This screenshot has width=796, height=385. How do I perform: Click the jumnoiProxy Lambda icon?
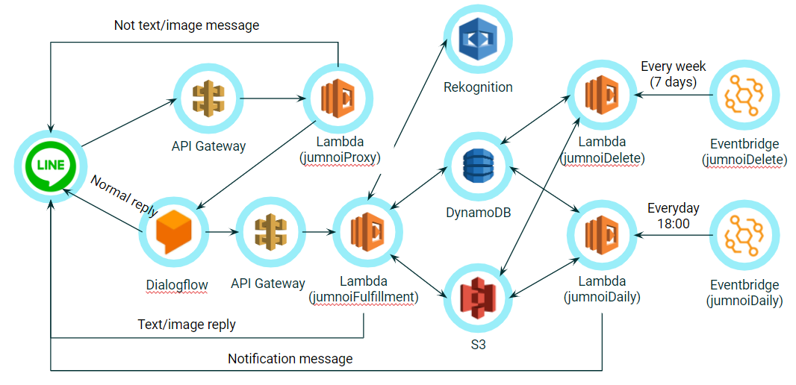[x=338, y=98]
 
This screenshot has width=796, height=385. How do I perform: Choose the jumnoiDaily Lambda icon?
[x=601, y=234]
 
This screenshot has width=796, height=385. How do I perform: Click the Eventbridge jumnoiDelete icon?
[x=744, y=96]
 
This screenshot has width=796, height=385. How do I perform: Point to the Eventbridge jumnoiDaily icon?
[x=744, y=237]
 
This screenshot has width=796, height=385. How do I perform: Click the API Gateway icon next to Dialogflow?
[x=268, y=232]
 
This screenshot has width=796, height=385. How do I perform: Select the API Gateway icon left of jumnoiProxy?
[x=208, y=98]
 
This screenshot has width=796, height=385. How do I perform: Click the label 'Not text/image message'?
[x=187, y=25]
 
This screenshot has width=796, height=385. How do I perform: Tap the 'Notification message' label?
[x=290, y=359]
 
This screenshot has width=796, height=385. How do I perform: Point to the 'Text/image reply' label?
[x=187, y=325]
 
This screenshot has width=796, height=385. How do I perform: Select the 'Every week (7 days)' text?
[x=673, y=73]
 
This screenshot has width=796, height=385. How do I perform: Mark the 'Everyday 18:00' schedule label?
[x=673, y=215]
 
